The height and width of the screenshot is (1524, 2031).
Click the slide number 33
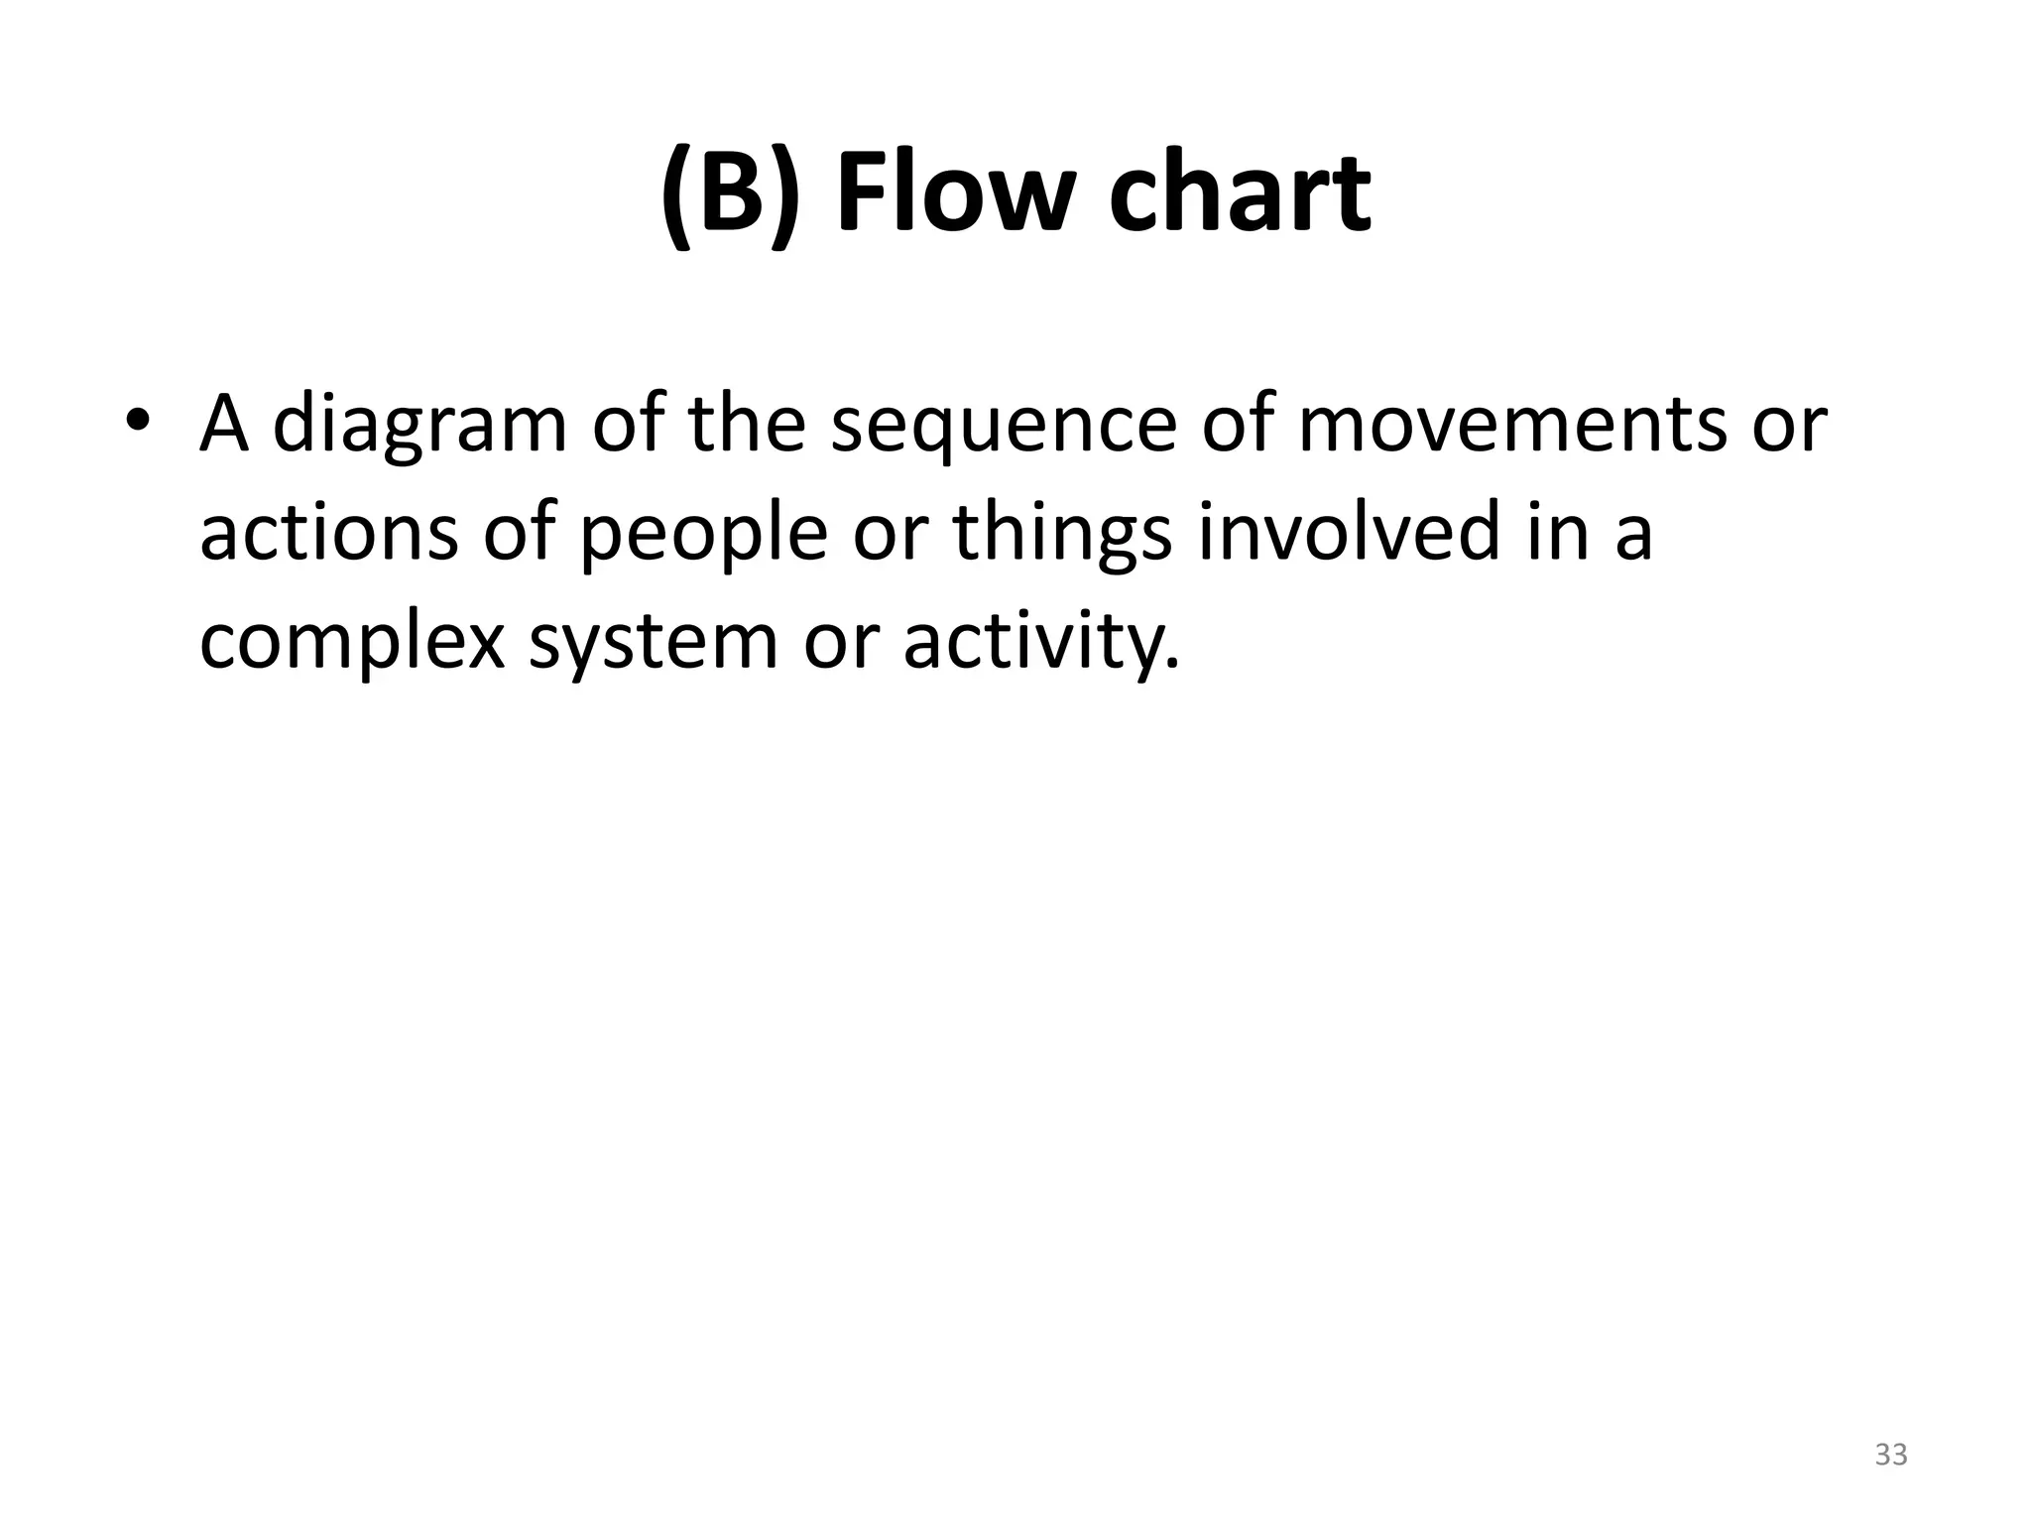1890,1455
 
